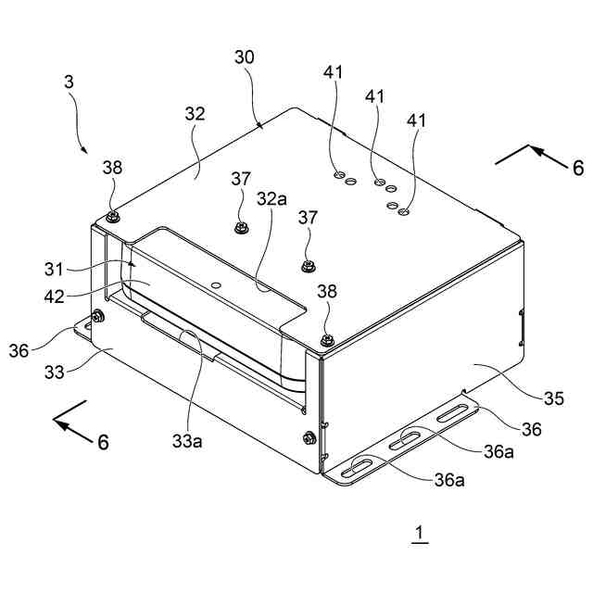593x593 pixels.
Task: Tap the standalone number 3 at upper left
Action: pyautogui.click(x=69, y=82)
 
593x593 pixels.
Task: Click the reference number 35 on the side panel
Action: pyautogui.click(x=553, y=398)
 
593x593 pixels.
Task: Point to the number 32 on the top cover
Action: pyautogui.click(x=195, y=115)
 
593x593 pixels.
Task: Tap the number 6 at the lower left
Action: pyautogui.click(x=103, y=442)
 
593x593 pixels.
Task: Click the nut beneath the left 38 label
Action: pyautogui.click(x=112, y=217)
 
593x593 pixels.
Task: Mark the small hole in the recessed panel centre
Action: pyautogui.click(x=216, y=285)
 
